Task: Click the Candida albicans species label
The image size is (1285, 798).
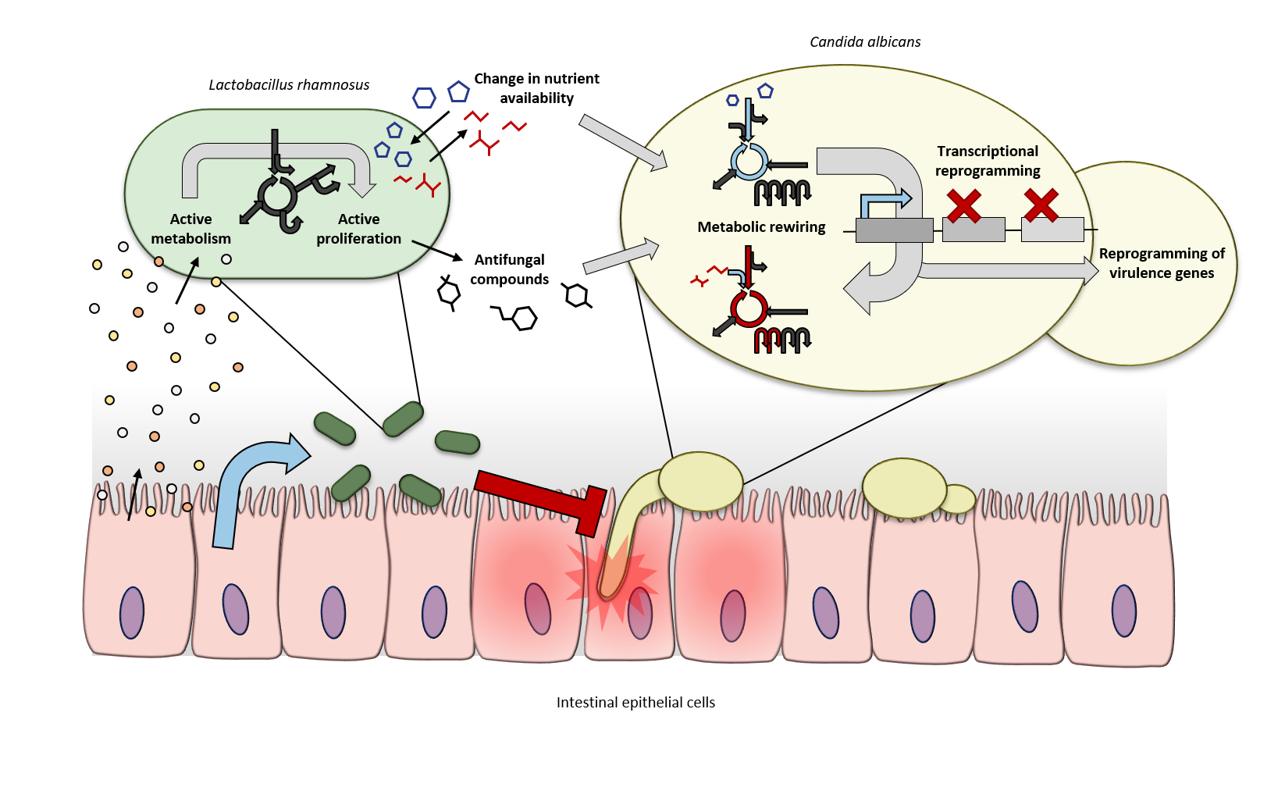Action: pos(865,42)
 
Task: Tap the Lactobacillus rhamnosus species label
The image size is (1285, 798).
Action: pos(289,85)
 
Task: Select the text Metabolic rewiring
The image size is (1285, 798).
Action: pos(761,227)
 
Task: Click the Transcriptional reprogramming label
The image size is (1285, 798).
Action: pos(988,161)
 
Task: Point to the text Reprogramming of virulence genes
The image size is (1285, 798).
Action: pos(1162,263)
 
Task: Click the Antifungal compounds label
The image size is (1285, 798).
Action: pos(509,269)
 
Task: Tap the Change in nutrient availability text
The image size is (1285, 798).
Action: pos(536,88)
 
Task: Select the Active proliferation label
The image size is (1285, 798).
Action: pos(358,229)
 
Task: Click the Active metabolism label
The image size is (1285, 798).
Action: pos(190,229)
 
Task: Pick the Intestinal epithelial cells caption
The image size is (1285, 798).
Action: pos(635,703)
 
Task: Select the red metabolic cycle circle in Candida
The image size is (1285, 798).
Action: pos(749,309)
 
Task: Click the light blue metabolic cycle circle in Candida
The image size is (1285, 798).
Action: pos(749,161)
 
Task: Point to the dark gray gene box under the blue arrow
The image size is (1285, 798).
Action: pos(894,230)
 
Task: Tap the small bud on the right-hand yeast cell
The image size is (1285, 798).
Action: pos(959,499)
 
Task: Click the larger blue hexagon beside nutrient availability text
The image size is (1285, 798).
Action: pos(424,98)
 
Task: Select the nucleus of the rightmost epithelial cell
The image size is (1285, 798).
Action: pos(1123,611)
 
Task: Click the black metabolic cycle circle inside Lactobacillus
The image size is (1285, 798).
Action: pos(277,194)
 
